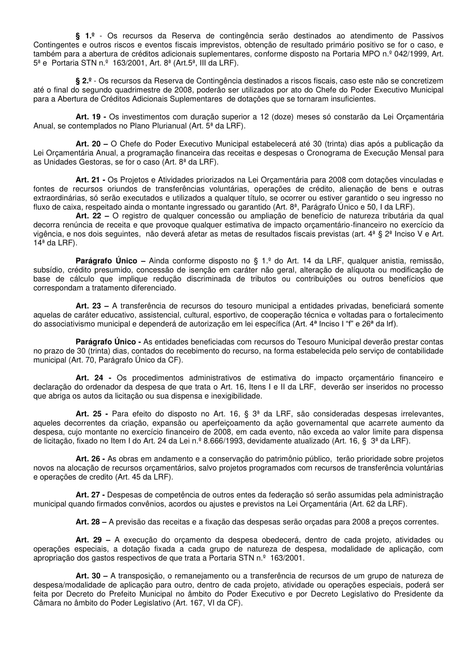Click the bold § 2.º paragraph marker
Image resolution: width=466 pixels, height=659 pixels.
(x=83, y=81)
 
